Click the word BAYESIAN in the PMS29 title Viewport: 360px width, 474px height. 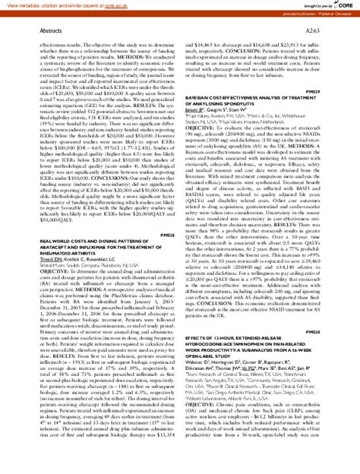point(201,98)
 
